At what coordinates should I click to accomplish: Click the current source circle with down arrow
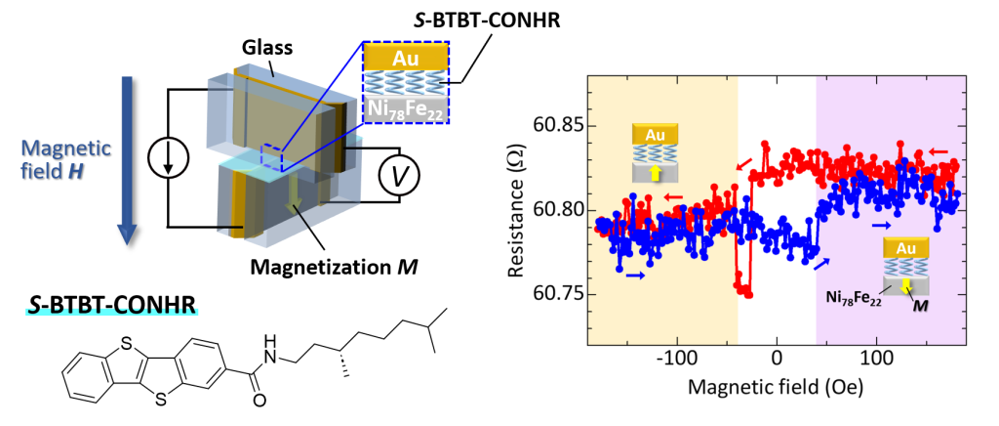click(x=169, y=159)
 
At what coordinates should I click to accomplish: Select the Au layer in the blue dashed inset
click(x=405, y=58)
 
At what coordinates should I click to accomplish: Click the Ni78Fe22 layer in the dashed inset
click(x=404, y=105)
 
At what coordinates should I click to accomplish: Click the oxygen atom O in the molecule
click(x=258, y=401)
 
